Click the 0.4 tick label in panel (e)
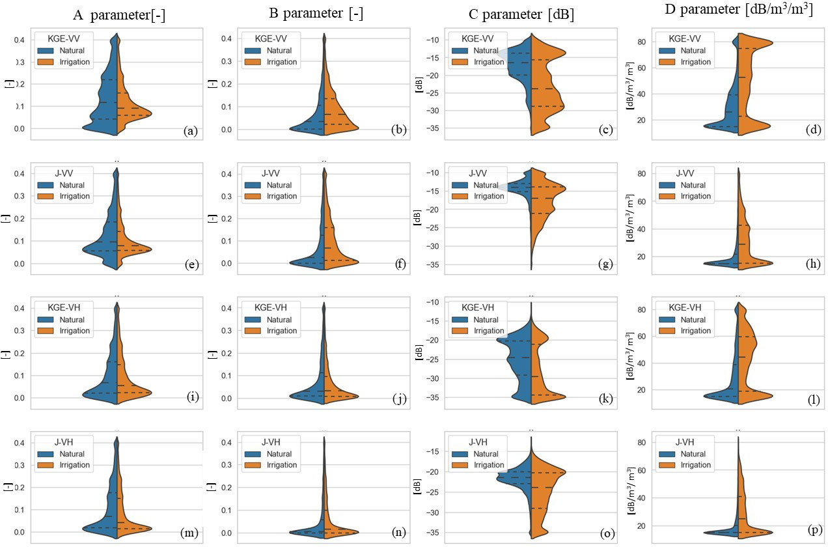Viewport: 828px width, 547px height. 19,174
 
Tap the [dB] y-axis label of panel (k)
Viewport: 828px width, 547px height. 418,354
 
